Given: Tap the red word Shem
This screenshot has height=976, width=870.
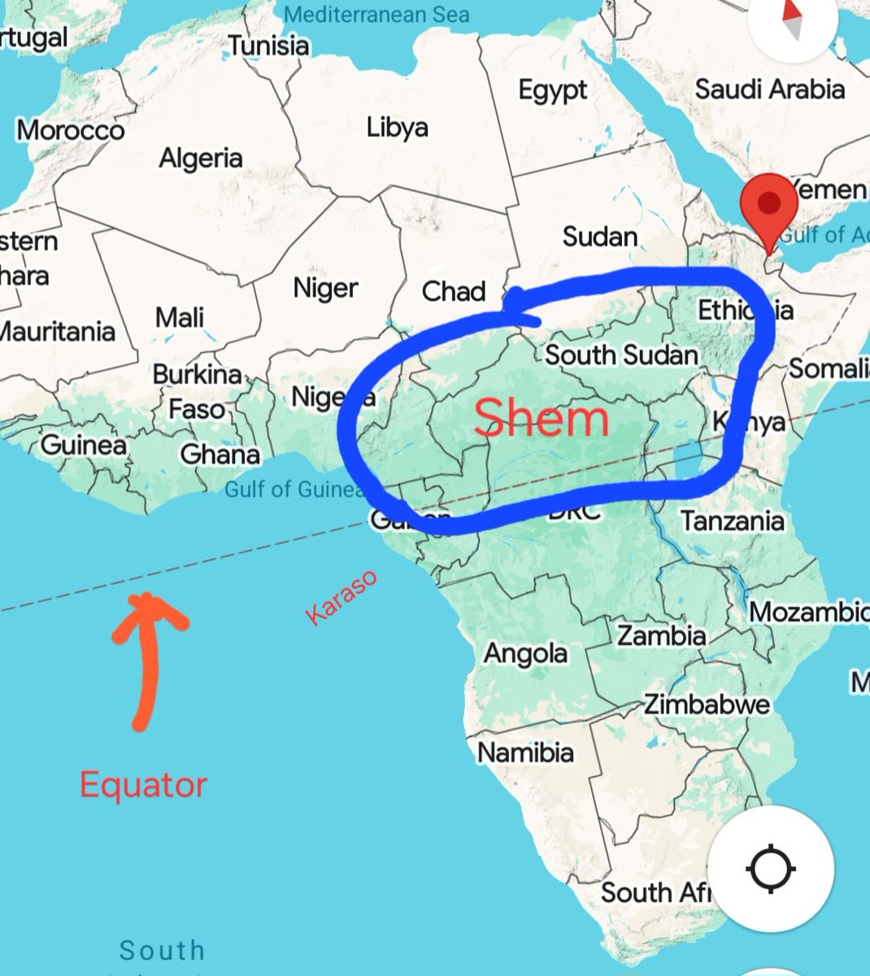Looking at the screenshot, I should point(541,419).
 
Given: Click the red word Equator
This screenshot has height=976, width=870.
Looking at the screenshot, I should point(143,785).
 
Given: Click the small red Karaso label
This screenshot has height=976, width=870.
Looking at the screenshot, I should point(341,598).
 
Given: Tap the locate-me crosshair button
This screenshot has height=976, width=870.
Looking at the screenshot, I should point(769,869).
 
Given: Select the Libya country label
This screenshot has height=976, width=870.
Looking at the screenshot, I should point(397,128).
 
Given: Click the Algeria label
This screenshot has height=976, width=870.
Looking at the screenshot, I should point(201,158).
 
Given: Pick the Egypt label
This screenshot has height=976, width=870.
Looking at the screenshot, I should point(553,89).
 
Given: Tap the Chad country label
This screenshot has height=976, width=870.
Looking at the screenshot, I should point(454,291).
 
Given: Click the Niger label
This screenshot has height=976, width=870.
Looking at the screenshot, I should point(325,288).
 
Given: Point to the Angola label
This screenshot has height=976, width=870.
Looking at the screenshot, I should point(525,653).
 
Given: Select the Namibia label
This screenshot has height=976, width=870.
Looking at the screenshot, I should point(525,752).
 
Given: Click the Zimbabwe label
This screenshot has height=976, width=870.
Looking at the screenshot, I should point(707,704).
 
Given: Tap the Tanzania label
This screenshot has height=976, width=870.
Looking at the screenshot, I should point(732,521).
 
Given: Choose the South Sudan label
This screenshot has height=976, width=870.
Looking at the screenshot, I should point(621,355).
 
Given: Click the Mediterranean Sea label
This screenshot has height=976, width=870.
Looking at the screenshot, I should point(376,15).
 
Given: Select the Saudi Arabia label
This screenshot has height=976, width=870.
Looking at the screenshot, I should point(769,89).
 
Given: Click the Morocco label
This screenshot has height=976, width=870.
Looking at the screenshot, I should point(71,130).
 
